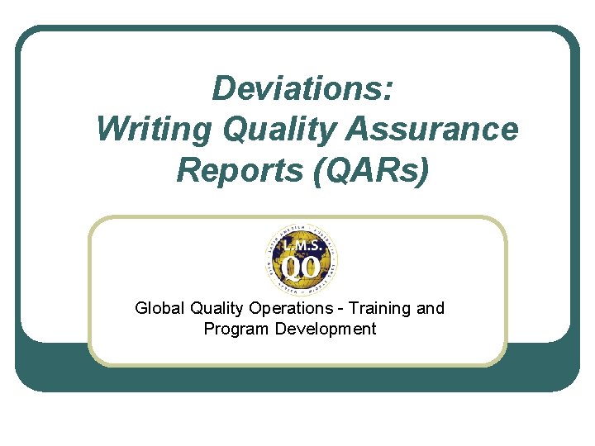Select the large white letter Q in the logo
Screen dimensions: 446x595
(x=290, y=269)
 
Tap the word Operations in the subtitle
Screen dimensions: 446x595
(x=287, y=308)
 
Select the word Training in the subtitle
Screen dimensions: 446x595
(x=380, y=308)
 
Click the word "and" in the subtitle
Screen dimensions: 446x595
(x=431, y=308)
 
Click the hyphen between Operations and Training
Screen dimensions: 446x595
(x=340, y=309)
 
